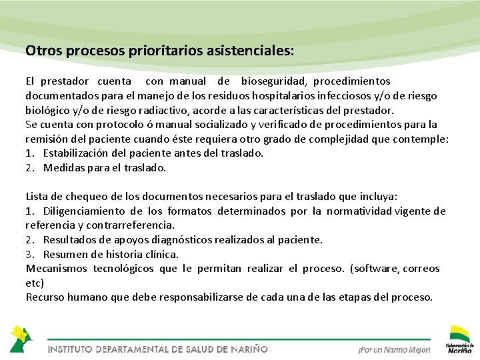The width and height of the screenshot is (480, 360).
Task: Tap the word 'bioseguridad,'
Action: tap(273, 81)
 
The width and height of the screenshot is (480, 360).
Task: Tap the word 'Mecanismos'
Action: tap(57, 269)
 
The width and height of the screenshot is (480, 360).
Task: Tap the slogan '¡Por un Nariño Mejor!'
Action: tap(394, 349)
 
